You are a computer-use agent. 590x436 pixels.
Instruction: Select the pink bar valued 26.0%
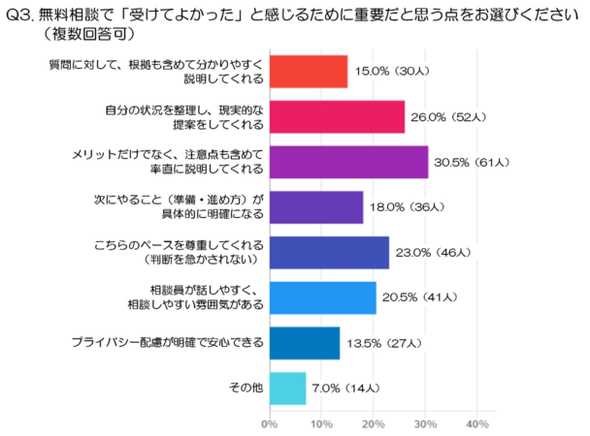336,116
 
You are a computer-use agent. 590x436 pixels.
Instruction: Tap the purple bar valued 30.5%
347,162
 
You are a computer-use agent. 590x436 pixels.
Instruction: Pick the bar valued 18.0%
315,207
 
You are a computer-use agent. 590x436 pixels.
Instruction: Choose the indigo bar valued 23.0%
328,253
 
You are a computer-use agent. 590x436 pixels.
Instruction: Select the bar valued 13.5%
304,343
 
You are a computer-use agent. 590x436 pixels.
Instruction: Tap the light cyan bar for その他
287,389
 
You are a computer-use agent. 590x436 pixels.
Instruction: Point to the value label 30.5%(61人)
475,162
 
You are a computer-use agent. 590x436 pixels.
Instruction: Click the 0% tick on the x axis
270,423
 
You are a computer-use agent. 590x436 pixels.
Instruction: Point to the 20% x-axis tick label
374,423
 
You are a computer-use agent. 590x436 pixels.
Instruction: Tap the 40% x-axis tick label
476,423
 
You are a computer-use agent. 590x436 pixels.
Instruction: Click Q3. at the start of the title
20,14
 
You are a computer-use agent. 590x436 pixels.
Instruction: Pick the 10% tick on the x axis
321,423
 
